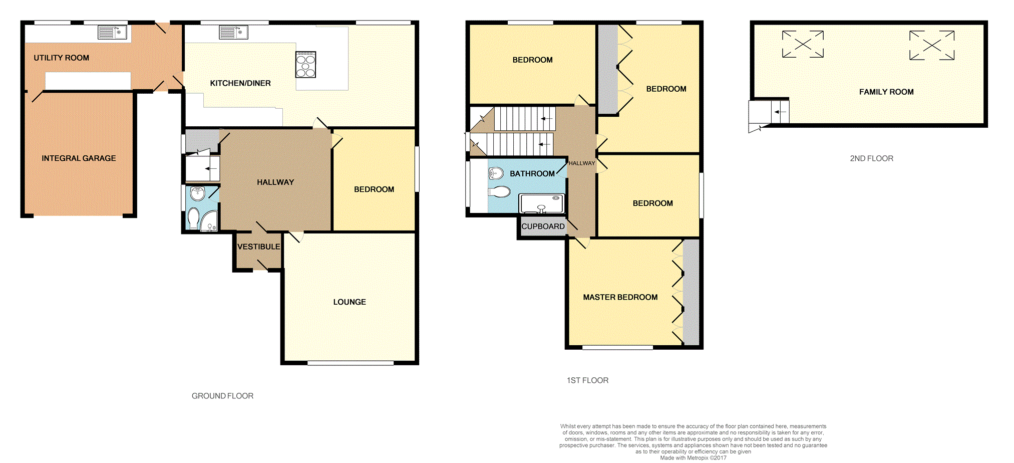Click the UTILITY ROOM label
61,58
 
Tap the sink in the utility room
112,33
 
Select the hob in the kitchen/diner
305,65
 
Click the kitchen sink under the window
233,33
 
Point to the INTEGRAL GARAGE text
79,158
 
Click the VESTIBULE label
258,247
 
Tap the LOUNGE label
350,302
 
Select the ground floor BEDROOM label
374,189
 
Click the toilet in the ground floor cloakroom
193,218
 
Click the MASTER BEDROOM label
620,297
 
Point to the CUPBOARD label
543,226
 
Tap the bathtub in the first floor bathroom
541,203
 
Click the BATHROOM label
532,174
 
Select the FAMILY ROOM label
886,92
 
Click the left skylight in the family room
803,44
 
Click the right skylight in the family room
931,45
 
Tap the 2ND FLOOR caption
871,158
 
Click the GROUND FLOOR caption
222,396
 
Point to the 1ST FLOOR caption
587,380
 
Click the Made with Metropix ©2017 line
693,457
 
